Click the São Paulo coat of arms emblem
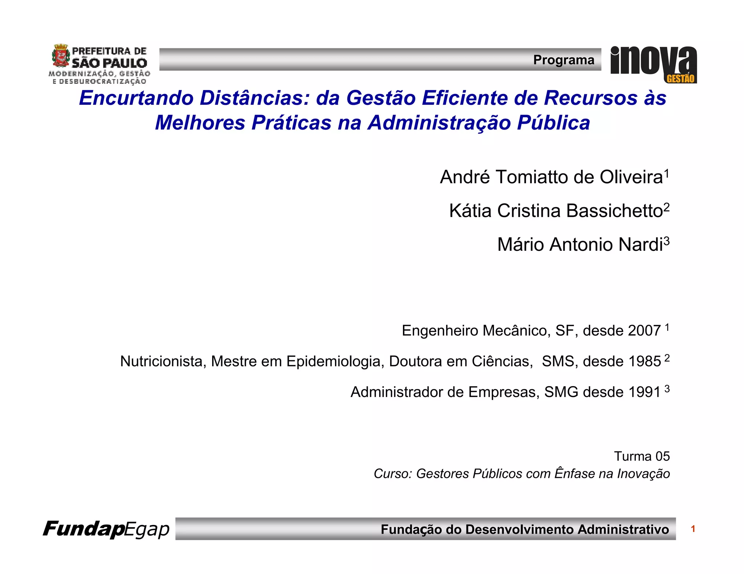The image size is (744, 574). point(61,56)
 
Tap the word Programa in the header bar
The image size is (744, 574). point(563,60)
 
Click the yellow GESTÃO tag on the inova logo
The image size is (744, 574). point(680,79)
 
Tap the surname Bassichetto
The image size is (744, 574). point(614,211)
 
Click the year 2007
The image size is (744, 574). point(644,331)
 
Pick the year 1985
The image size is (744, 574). point(644,361)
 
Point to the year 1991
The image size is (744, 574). point(644,392)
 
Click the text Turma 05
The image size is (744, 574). point(642,456)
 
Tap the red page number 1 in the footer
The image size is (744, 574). point(693,529)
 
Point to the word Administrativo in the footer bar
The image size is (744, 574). point(623,529)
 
